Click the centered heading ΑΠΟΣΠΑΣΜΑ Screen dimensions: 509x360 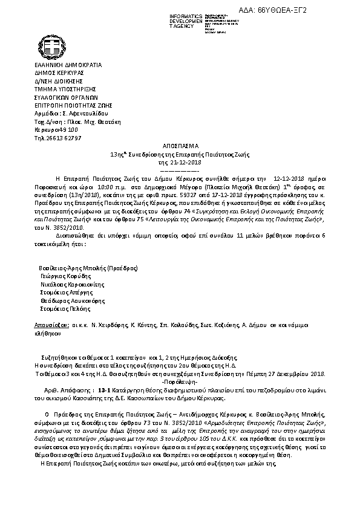point(180,146)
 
